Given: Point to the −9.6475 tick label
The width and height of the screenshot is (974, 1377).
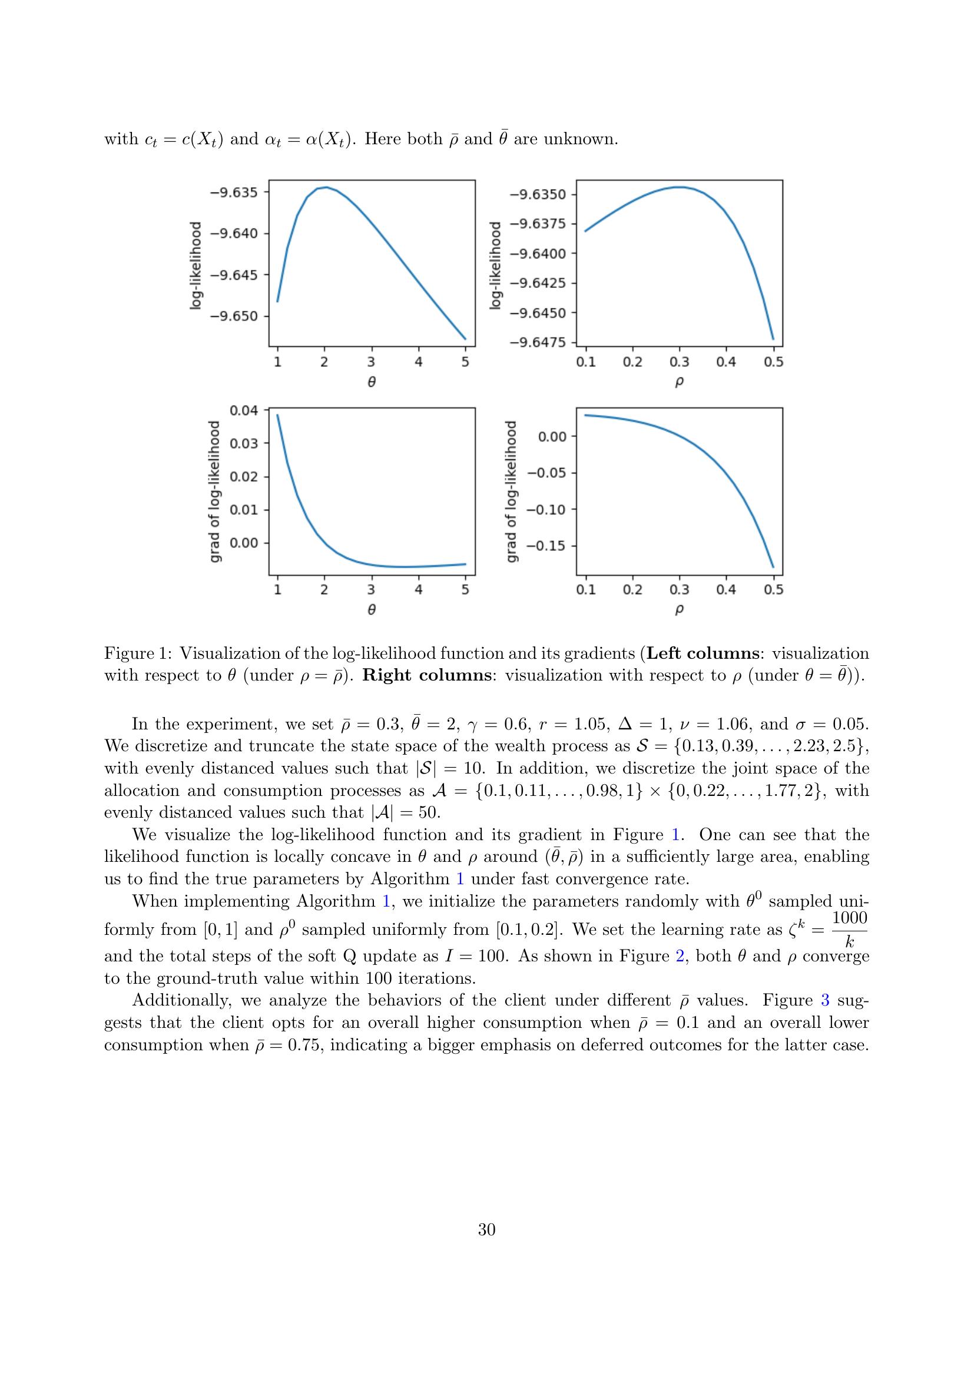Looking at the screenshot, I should tap(538, 343).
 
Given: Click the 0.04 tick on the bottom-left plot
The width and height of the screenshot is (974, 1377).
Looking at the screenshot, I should tap(244, 410).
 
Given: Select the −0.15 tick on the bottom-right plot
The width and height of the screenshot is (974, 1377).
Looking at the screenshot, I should tap(546, 546).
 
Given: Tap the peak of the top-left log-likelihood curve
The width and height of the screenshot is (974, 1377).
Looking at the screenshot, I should tap(326, 187).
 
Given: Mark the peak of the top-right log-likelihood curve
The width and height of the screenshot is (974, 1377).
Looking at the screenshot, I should tap(678, 187).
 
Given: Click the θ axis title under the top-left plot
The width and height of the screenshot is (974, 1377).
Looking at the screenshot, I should tap(372, 382).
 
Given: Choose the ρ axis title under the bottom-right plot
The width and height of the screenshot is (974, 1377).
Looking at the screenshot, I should tap(679, 610).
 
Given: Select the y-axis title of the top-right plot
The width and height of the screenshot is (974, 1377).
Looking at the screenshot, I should tap(495, 265).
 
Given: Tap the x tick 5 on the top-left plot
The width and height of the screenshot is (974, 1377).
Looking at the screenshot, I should tap(465, 362).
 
